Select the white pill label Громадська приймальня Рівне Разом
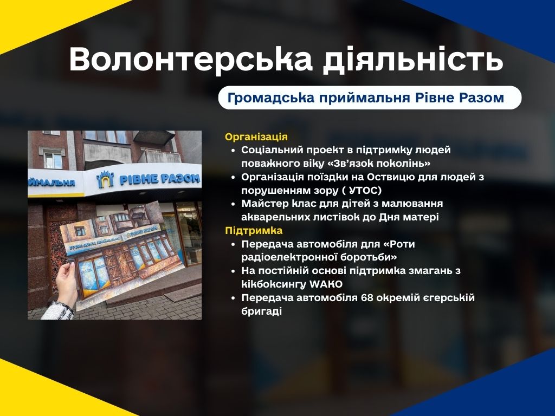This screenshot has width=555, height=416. coord(370,97)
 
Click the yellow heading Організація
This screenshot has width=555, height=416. coord(256,137)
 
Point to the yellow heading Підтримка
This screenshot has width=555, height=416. coord(254,231)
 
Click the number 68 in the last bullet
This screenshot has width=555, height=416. coord(367,298)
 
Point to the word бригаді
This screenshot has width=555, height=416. coord(262,311)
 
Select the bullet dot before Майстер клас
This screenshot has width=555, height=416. coord(233,204)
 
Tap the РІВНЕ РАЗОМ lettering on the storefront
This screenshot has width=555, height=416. coord(160,179)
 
